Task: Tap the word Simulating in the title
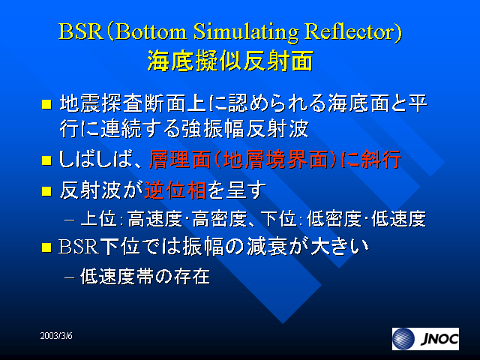point(245,32)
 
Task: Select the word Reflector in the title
point(350,31)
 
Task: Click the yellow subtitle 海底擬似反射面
point(230,61)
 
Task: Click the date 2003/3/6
point(56,336)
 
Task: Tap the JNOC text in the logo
point(439,339)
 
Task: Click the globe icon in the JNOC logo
point(403,339)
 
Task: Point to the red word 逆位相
point(175,190)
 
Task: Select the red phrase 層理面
point(180,160)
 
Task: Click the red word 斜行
point(381,160)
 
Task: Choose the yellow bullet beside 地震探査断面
point(46,104)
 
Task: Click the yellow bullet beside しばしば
point(46,160)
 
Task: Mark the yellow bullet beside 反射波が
point(46,191)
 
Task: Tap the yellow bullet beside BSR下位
point(46,247)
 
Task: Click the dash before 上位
point(70,220)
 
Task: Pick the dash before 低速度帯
point(70,277)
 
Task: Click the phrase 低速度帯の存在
point(145,277)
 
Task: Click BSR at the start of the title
point(80,31)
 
